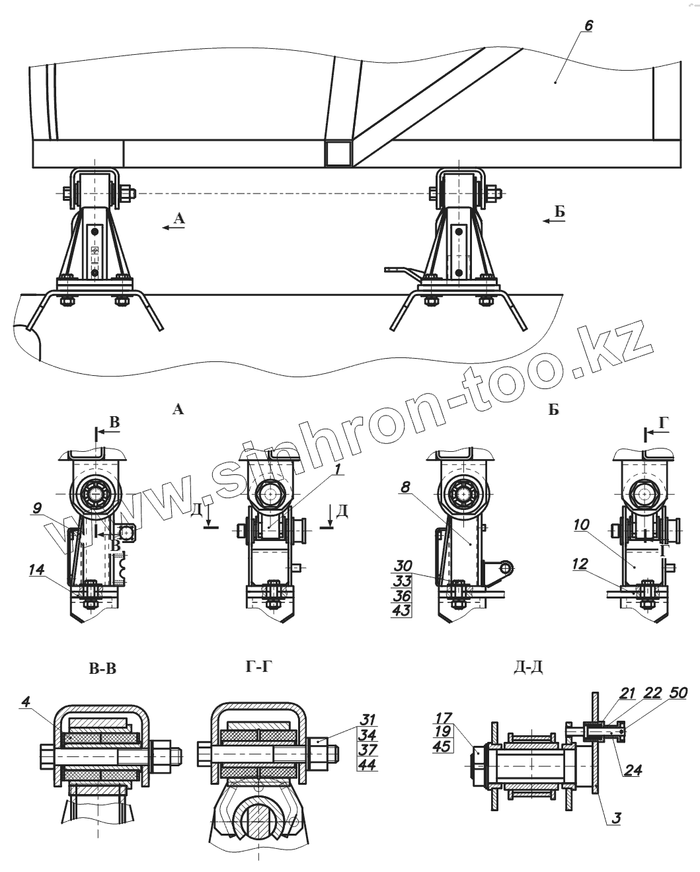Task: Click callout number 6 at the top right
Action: tap(589, 26)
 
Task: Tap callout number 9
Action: tap(38, 508)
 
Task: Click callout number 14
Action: tap(37, 568)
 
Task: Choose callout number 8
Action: tap(406, 488)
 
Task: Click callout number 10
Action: tap(581, 525)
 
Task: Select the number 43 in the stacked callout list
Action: tap(401, 610)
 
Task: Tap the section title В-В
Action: tap(102, 669)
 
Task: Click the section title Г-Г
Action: tap(258, 667)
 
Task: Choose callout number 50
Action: tap(678, 693)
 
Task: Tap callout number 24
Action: tap(633, 770)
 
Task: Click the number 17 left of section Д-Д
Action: tap(443, 717)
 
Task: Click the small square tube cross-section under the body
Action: tap(338, 153)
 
